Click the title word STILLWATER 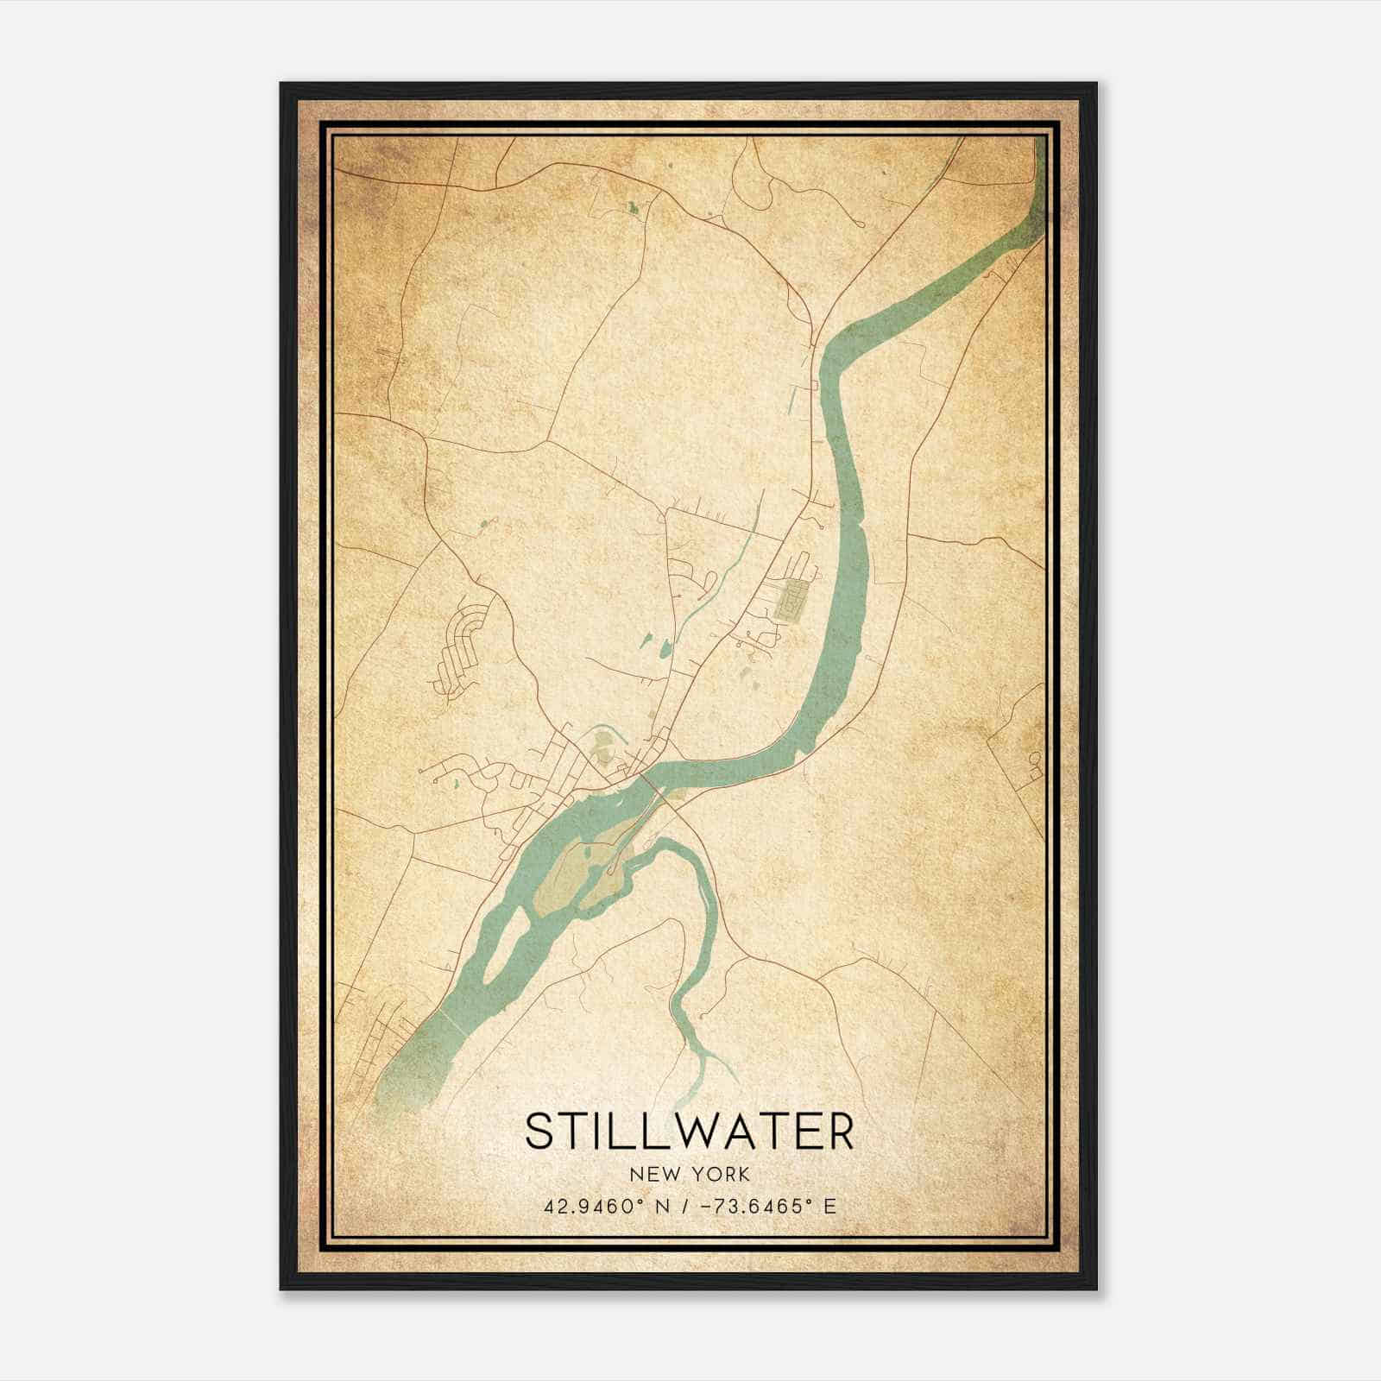tap(689, 1131)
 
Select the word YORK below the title tap(720, 1175)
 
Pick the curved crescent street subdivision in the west tap(462, 647)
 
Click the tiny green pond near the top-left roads tap(632, 207)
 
